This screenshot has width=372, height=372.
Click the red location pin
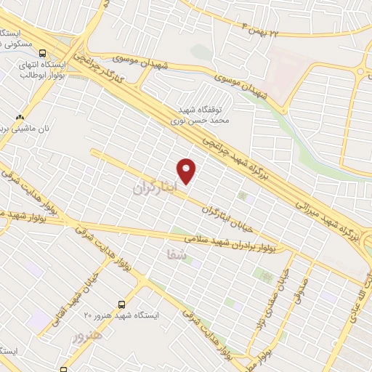(187, 171)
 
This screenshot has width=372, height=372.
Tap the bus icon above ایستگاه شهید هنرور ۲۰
(121, 304)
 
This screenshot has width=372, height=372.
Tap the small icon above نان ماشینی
(20, 117)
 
